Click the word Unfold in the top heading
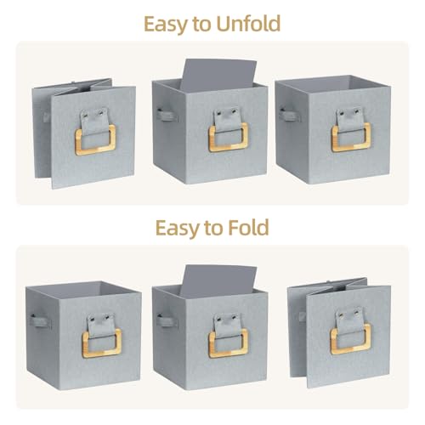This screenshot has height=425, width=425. point(248,24)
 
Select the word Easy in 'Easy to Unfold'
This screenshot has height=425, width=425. point(166,25)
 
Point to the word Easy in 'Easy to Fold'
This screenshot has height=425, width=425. point(177,229)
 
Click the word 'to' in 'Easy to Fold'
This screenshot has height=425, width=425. point(213,229)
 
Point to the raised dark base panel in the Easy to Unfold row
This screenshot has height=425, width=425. point(218,74)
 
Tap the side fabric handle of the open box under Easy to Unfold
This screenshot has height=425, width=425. point(289,116)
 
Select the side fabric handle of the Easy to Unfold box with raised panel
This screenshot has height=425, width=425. point(167,116)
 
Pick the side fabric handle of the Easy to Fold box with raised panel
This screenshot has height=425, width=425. point(167,321)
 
